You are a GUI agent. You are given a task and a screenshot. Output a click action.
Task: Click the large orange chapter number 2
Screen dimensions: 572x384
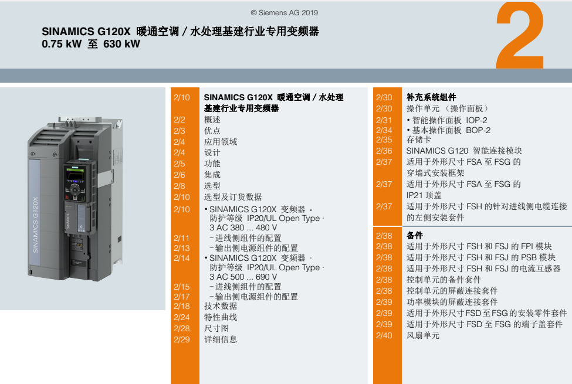pyautogui.click(x=519, y=35)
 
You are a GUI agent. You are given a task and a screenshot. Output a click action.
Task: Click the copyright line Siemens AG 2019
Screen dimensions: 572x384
pyautogui.click(x=284, y=13)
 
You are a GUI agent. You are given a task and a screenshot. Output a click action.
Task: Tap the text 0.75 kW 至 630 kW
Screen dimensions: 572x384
pyautogui.click(x=91, y=44)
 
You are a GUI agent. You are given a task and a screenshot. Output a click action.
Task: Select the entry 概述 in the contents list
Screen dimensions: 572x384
pyautogui.click(x=212, y=120)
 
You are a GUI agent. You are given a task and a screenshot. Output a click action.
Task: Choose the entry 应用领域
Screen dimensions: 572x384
pyautogui.click(x=221, y=142)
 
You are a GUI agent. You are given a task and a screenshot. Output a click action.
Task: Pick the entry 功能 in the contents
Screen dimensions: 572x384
pyautogui.click(x=212, y=164)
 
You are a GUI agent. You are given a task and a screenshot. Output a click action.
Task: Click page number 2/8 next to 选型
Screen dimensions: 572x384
pyautogui.click(x=180, y=186)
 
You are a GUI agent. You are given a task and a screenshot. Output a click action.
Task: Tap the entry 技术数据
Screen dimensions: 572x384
pyautogui.click(x=221, y=306)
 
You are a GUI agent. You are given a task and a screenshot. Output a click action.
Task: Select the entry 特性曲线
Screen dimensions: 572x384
pyautogui.click(x=221, y=317)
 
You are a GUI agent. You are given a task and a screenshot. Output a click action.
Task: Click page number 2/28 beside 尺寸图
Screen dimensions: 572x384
pyautogui.click(x=182, y=328)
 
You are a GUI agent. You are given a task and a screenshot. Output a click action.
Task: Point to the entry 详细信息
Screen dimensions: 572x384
pyautogui.click(x=221, y=339)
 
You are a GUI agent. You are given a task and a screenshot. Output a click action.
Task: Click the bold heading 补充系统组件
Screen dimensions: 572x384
pyautogui.click(x=431, y=97)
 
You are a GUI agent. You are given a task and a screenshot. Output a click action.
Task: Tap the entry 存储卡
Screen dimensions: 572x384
pyautogui.click(x=419, y=140)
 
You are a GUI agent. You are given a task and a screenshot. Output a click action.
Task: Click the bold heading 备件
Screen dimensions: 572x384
pyautogui.click(x=415, y=235)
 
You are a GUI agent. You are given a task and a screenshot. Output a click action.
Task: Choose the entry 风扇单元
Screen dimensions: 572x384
pyautogui.click(x=423, y=335)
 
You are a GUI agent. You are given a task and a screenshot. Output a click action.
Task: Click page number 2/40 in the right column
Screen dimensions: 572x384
pyautogui.click(x=384, y=335)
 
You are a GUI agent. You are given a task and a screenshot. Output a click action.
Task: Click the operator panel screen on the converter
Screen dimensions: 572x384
pyautogui.click(x=75, y=176)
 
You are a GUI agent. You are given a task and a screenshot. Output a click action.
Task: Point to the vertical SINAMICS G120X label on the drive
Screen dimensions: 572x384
pyautogui.click(x=35, y=225)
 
